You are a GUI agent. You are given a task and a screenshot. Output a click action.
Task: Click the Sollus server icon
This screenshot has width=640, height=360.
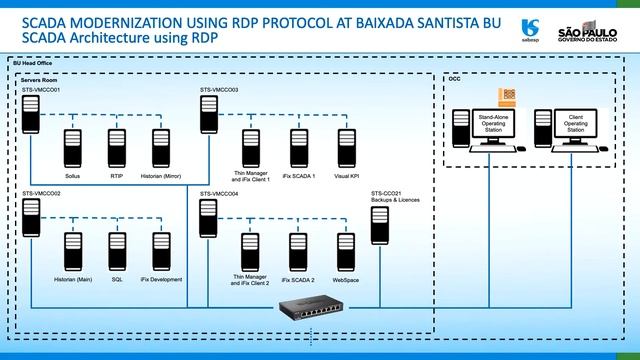(72, 142)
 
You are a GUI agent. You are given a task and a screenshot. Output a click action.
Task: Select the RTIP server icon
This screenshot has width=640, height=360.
(116, 142)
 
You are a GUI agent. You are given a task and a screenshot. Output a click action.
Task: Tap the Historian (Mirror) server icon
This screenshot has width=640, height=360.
(161, 142)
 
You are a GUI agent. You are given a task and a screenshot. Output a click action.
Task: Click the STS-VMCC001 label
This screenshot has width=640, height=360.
(41, 90)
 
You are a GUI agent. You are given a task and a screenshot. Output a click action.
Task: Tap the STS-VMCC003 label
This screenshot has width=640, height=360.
(219, 90)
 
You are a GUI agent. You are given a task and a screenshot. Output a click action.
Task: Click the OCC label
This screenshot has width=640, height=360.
(454, 77)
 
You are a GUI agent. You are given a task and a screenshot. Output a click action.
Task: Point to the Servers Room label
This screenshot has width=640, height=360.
(38, 78)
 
